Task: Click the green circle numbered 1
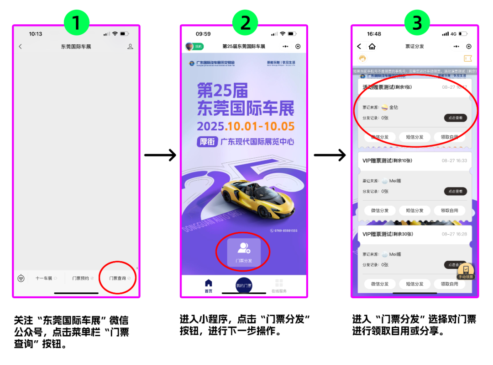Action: click(x=76, y=23)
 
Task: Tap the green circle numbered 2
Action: click(x=246, y=23)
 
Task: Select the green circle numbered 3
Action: click(x=417, y=23)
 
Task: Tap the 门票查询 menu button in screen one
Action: click(x=118, y=278)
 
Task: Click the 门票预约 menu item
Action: click(x=80, y=278)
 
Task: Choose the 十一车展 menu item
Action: click(x=44, y=278)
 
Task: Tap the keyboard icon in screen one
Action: click(x=21, y=278)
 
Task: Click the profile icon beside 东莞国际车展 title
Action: click(x=130, y=47)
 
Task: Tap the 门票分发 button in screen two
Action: click(x=244, y=252)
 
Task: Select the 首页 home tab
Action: click(x=208, y=285)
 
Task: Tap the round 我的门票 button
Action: click(x=244, y=285)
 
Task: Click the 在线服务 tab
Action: click(x=279, y=285)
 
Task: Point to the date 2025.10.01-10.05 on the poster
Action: click(x=246, y=126)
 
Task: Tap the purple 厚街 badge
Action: click(x=207, y=142)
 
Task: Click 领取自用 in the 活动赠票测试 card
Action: click(x=449, y=137)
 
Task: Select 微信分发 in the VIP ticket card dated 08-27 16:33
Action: click(x=379, y=210)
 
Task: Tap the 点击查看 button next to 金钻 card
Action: click(x=455, y=118)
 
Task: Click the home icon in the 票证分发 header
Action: click(x=372, y=47)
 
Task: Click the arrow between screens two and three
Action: click(x=330, y=156)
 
